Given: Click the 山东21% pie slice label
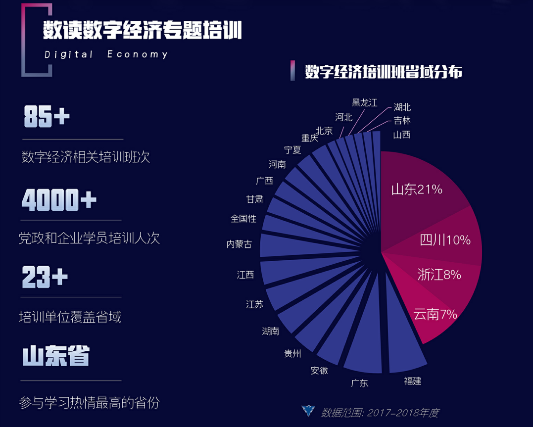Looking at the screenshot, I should tap(417, 190).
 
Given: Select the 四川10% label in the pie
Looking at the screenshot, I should tap(445, 240).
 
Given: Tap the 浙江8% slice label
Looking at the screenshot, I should tap(439, 275).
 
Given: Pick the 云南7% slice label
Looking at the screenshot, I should tap(435, 314).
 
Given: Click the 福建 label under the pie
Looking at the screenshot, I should tap(413, 380).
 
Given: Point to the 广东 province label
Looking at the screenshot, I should tap(360, 383).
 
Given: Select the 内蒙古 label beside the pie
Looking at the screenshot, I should tap(239, 244).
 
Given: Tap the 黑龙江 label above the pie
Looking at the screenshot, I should tap(365, 103).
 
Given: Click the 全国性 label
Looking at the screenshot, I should tap(243, 218).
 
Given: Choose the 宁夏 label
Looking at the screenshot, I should tap(292, 150).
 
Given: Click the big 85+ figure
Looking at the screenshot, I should tap(47, 117).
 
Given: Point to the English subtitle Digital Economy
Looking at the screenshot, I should tap(106, 54).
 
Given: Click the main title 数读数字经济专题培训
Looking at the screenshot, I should tap(142, 31).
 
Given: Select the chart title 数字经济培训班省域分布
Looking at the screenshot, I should tap(384, 72).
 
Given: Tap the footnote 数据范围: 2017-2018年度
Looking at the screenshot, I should tap(380, 413).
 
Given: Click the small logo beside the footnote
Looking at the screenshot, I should tap(308, 411).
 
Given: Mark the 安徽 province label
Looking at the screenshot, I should tap(319, 370).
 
